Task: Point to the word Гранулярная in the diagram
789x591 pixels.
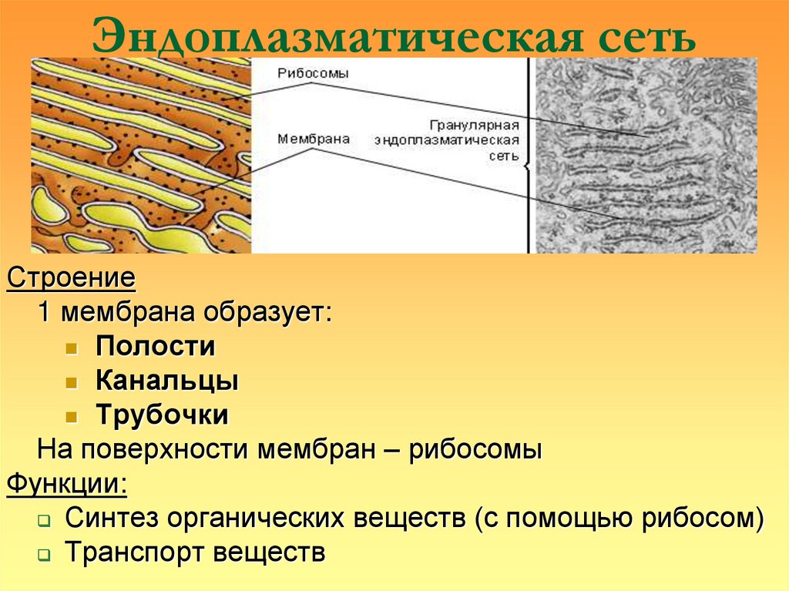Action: pos(474,125)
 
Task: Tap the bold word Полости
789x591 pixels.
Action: pos(155,347)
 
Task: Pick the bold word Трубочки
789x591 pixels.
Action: pos(163,415)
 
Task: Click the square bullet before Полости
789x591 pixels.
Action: pos(71,348)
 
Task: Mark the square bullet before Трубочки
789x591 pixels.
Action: pos(71,417)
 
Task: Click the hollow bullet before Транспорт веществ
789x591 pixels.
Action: pos(45,556)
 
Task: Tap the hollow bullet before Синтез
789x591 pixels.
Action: pos(45,521)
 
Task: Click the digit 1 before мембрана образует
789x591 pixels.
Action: pos(45,313)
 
